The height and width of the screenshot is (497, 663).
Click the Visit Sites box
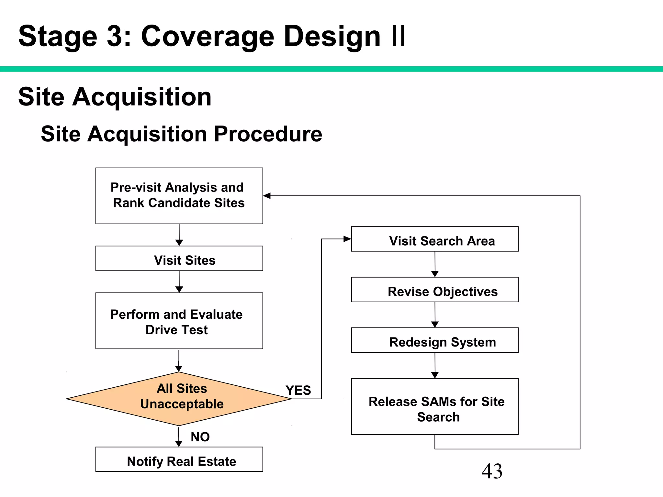pos(179,259)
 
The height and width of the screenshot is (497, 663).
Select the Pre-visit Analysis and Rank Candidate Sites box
pos(179,196)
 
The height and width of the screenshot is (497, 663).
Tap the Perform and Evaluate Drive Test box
pos(179,321)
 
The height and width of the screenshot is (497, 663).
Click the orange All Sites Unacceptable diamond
pos(179,399)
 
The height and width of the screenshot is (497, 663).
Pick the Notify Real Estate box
pos(179,459)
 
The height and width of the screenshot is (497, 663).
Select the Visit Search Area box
pos(435,239)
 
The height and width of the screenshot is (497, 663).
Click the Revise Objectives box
pos(435,290)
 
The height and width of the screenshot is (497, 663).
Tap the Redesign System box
pos(435,340)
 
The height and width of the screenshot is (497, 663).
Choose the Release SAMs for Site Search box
pos(435,406)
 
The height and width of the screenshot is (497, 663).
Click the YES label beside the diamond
pos(298,390)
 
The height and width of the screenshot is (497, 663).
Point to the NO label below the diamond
pos(200,437)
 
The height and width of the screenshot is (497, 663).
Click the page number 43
pos(492,471)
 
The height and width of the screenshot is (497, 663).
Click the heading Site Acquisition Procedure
pos(181,134)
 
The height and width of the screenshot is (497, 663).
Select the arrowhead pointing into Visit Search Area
pos(347,239)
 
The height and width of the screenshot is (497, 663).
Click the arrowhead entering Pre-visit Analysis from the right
pos(267,196)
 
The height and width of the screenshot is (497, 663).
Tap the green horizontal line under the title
pos(331,69)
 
